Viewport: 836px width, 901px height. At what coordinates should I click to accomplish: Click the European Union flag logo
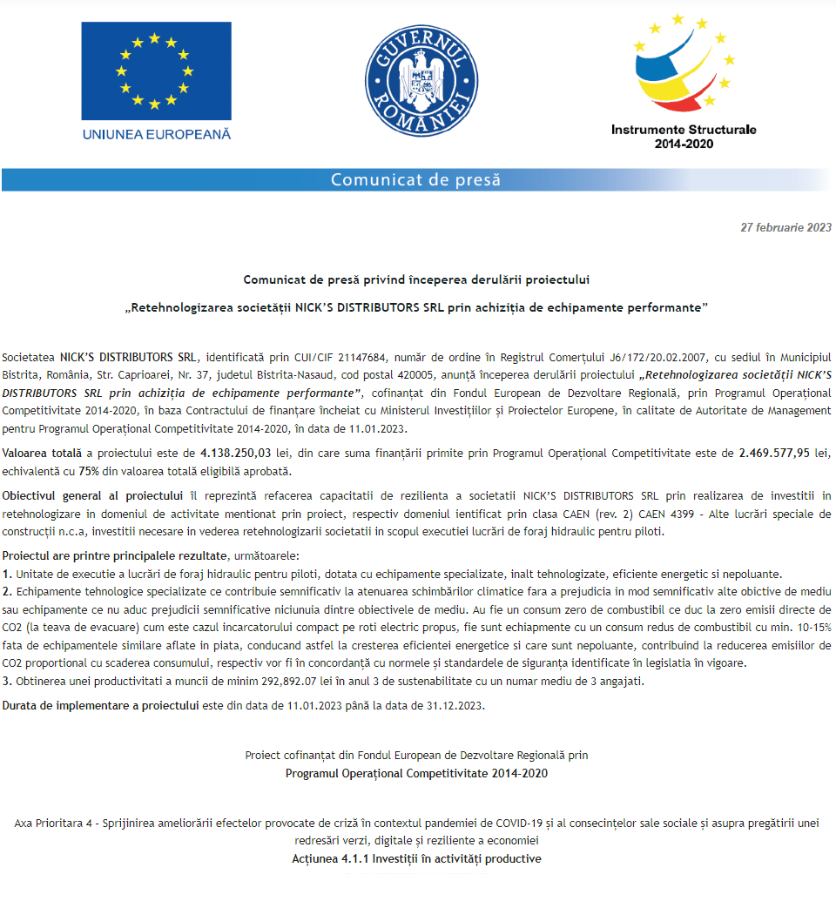[x=157, y=71]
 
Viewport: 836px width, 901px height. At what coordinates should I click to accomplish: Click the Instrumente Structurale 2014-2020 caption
[x=684, y=136]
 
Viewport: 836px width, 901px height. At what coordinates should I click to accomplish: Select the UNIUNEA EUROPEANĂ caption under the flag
[x=157, y=134]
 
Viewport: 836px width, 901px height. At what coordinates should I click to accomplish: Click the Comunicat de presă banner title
[x=416, y=180]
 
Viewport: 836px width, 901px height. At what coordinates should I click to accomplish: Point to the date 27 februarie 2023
[x=785, y=228]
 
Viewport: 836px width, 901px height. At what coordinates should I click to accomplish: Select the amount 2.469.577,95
[x=774, y=453]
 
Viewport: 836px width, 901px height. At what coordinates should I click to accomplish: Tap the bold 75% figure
[x=88, y=471]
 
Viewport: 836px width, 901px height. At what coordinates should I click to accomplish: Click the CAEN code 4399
[x=666, y=514]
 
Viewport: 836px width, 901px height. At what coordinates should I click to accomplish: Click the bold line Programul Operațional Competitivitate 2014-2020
[x=417, y=773]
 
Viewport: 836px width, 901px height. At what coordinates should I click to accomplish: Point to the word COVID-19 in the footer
[x=521, y=822]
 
